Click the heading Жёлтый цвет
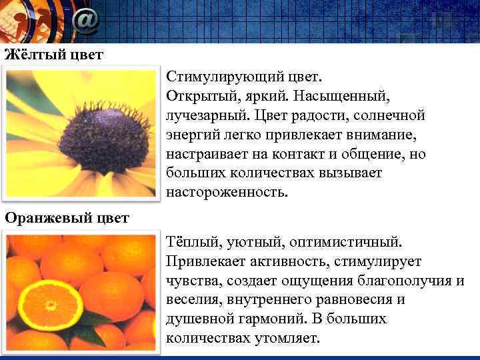point(54,54)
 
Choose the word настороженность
point(227,193)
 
